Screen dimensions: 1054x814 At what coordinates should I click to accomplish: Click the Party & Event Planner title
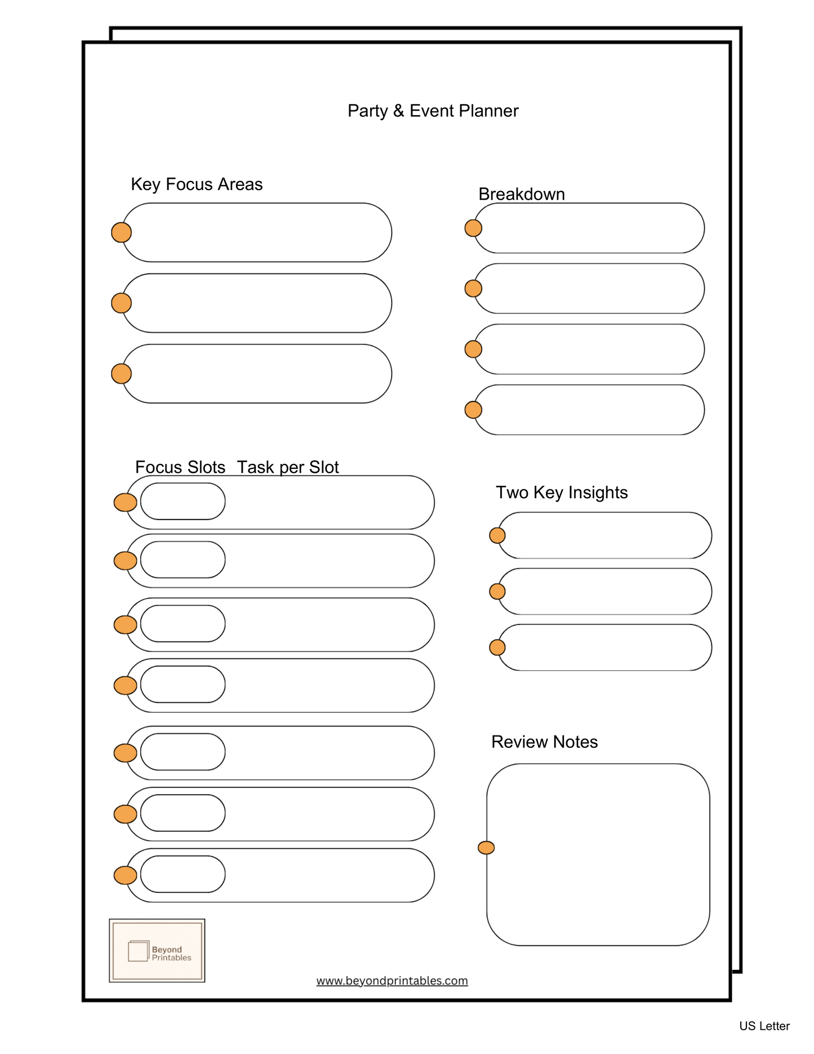[x=433, y=110]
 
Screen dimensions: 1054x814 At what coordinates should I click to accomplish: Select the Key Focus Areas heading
[x=197, y=184]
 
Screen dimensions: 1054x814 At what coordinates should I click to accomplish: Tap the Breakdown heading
[x=521, y=194]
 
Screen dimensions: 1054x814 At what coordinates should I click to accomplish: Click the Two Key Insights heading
[x=561, y=492]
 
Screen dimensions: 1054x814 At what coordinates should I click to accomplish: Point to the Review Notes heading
[x=544, y=742]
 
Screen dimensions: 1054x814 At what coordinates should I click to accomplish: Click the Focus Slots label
[x=180, y=467]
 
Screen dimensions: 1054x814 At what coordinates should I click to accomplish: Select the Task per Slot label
[x=287, y=467]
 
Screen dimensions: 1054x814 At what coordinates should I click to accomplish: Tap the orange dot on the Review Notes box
[x=486, y=848]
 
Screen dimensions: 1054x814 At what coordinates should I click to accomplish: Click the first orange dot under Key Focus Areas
[x=122, y=232]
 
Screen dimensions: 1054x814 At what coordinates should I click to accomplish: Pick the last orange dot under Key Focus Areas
[x=122, y=374]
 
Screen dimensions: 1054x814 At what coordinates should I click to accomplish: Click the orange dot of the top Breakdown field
[x=473, y=228]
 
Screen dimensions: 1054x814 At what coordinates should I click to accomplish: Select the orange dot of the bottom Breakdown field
[x=473, y=410]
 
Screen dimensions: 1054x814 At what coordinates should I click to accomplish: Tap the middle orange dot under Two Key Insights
[x=497, y=591]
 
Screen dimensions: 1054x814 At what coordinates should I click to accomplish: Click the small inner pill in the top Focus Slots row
[x=183, y=501]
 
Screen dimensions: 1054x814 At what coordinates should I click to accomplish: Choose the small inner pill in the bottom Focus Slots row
[x=183, y=874]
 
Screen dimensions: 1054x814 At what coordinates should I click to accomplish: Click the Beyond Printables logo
[x=157, y=951]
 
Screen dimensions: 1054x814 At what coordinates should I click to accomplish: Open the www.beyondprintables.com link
[x=392, y=981]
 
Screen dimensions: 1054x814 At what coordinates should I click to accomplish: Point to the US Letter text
[x=764, y=1026]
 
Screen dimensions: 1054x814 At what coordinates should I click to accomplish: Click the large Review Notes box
[x=598, y=854]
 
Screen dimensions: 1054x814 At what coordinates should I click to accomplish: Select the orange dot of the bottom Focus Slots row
[x=125, y=875]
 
